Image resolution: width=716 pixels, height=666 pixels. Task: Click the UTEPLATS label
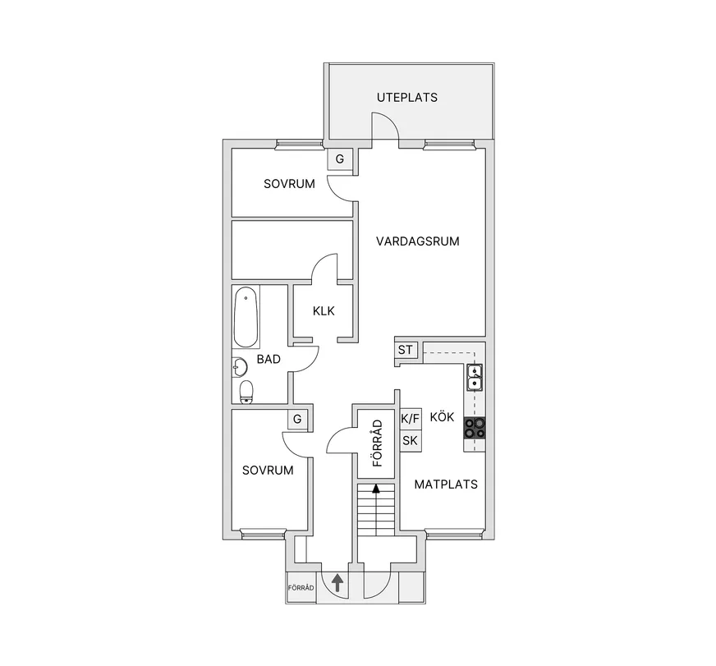[407, 97]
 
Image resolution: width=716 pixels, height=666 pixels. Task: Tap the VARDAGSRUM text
[417, 241]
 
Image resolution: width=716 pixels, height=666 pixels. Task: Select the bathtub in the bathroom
[246, 318]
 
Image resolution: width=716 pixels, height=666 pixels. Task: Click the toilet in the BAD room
[246, 392]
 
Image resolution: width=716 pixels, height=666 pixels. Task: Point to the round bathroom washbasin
[239, 367]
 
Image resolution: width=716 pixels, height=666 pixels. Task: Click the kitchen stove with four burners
[475, 428]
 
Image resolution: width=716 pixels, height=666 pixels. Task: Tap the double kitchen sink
[475, 378]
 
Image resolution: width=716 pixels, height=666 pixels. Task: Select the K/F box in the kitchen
[410, 419]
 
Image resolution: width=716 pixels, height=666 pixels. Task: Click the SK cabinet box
[410, 440]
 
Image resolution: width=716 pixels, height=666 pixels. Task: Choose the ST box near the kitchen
[406, 350]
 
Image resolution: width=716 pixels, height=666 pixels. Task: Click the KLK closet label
[324, 311]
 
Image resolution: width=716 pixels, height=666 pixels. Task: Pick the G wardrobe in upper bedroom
[340, 159]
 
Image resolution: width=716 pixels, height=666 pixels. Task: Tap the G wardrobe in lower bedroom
[297, 419]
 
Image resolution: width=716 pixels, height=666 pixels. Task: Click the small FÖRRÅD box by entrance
[301, 588]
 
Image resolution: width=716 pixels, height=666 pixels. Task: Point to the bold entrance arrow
[337, 583]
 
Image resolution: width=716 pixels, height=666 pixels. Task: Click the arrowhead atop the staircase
[376, 489]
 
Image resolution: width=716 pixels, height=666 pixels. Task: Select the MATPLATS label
[446, 485]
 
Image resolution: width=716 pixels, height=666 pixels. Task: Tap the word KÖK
[442, 416]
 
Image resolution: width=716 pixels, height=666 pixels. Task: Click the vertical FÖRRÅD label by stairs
[377, 443]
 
